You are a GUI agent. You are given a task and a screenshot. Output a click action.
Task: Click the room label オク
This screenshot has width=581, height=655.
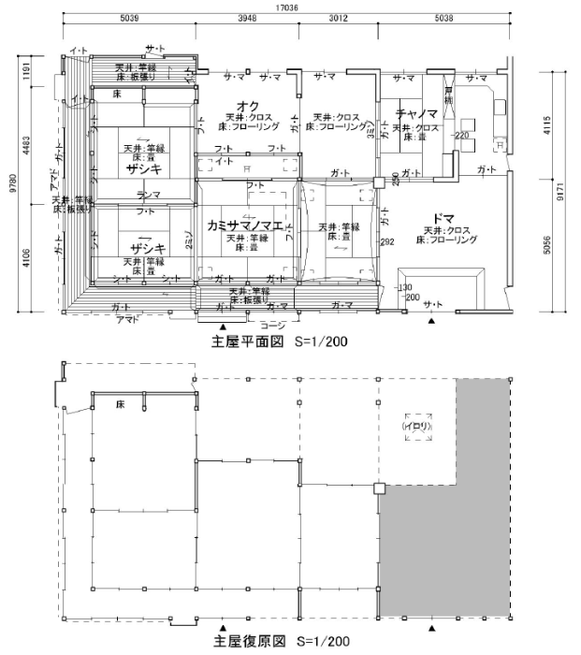(247, 105)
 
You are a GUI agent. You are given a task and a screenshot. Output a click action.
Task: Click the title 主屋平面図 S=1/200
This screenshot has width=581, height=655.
(280, 342)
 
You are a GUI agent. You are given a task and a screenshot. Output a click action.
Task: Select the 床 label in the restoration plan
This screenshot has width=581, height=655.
(120, 405)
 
